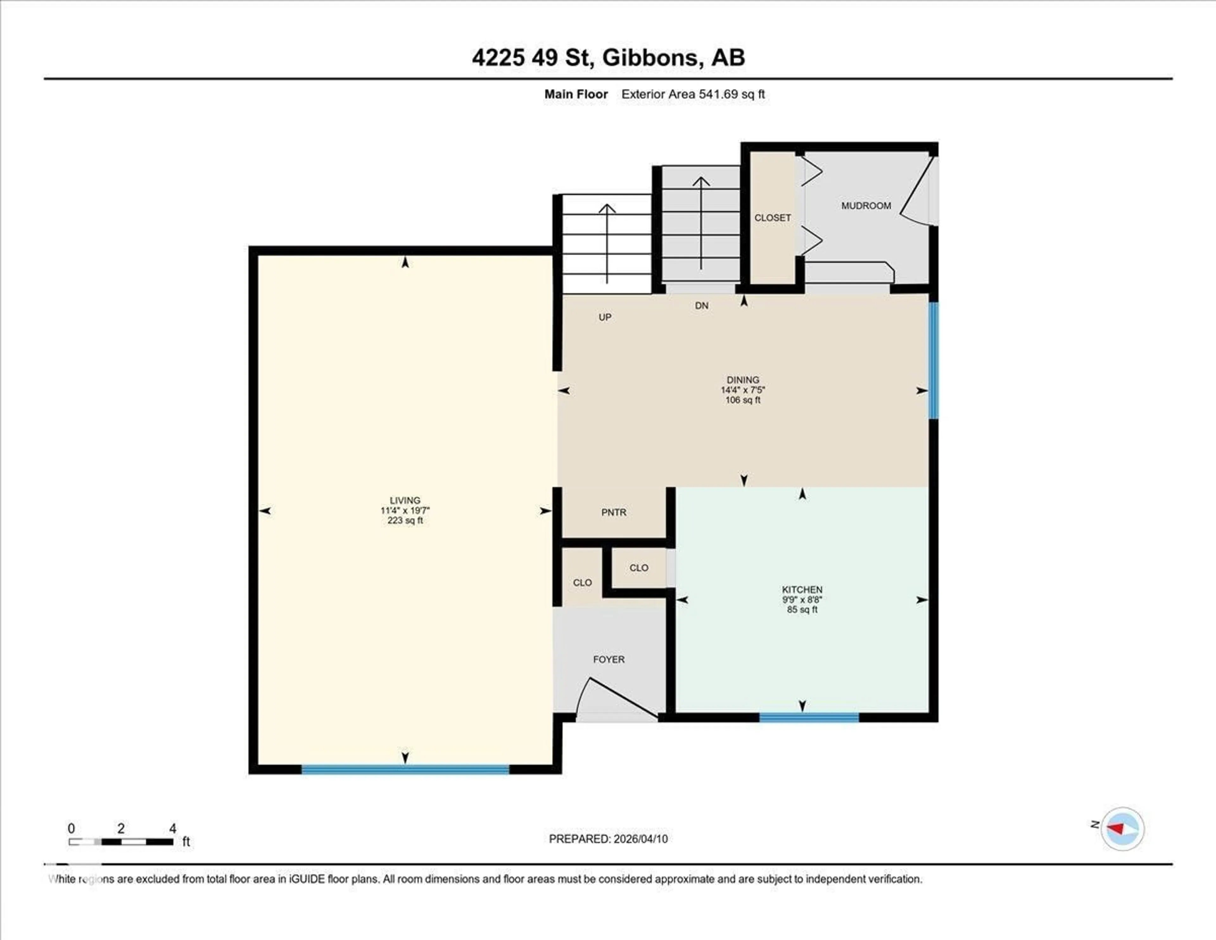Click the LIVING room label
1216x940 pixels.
[x=405, y=500]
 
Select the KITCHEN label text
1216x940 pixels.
[x=802, y=589]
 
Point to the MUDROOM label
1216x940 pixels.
[x=866, y=206]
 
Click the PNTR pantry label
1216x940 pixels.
[x=614, y=512]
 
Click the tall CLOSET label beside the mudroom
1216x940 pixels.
[x=772, y=218]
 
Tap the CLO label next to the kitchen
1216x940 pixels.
[x=639, y=568]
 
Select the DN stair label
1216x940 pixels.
[x=701, y=306]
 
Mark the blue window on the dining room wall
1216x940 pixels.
[x=933, y=361]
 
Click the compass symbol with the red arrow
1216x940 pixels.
[x=1122, y=828]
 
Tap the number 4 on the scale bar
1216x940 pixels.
[x=173, y=828]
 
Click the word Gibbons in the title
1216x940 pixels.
[x=650, y=57]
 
